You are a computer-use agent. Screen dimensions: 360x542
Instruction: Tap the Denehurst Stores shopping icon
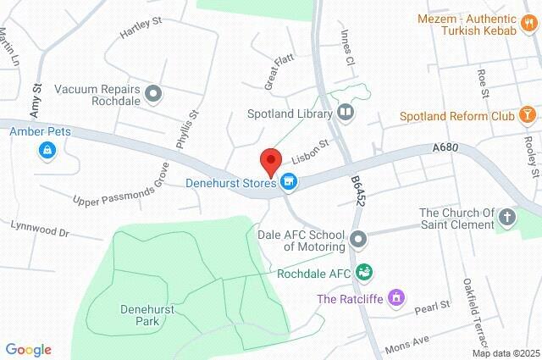(x=289, y=181)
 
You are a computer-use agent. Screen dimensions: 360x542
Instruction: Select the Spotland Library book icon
(x=345, y=112)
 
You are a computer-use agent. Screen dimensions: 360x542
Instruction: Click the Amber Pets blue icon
(x=47, y=151)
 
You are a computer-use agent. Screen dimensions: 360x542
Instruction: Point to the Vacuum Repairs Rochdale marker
(x=153, y=94)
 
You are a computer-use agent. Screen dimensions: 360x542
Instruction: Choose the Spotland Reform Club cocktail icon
(x=527, y=114)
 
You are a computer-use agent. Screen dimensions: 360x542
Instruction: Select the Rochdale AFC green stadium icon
(x=365, y=272)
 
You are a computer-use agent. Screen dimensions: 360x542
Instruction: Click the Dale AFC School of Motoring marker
(x=358, y=240)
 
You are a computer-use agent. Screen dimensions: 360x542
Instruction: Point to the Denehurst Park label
(x=146, y=316)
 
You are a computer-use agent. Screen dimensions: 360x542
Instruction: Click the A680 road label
(x=444, y=147)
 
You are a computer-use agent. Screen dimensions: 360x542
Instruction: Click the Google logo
(x=28, y=350)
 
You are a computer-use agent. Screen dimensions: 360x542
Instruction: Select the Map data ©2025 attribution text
(x=506, y=353)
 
